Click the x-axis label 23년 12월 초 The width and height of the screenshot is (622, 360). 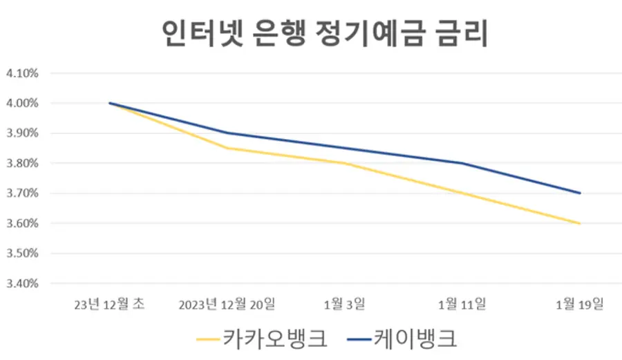(110, 304)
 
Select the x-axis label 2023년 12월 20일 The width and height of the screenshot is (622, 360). (227, 304)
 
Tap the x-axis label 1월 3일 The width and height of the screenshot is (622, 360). (345, 304)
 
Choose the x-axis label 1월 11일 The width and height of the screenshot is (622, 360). (462, 304)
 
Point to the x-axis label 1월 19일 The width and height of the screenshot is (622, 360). (580, 304)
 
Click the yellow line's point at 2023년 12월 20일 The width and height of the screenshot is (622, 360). (227, 148)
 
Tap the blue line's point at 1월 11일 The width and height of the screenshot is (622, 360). (462, 163)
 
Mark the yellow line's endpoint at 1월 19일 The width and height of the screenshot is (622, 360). (580, 223)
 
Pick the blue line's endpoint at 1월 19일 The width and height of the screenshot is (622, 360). (580, 193)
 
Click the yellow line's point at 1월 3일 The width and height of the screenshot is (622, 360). (345, 163)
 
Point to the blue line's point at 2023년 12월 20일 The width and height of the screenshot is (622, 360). (227, 133)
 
